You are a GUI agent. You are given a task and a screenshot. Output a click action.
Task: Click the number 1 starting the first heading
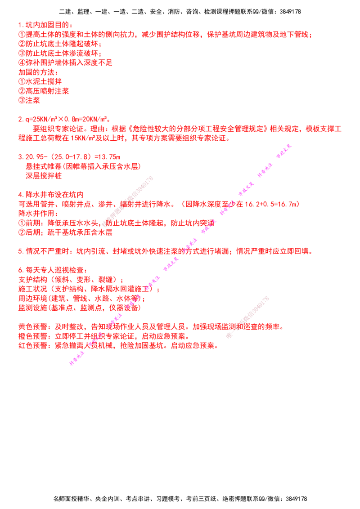(19, 24)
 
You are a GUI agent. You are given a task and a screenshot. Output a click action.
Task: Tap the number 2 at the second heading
(19, 120)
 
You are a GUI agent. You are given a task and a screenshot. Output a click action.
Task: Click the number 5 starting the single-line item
(19, 251)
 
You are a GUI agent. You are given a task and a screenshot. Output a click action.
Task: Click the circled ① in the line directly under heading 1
(20, 34)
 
